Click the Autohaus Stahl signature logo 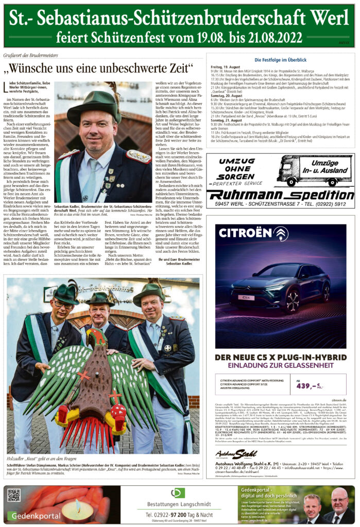coord(236,454)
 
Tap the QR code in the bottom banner coord(14,495)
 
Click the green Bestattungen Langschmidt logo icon coord(177,493)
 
